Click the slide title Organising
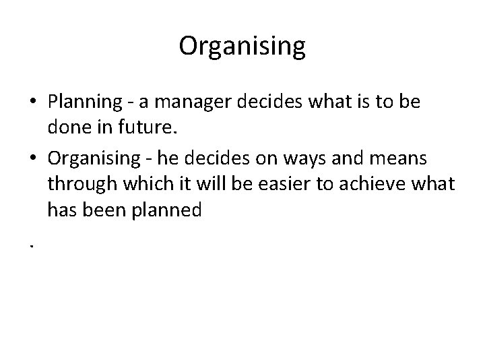pyautogui.click(x=243, y=46)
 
